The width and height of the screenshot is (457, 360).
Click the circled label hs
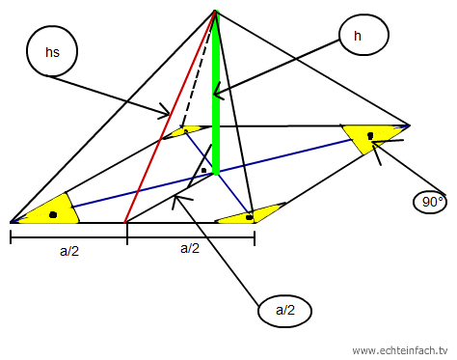pos(52,51)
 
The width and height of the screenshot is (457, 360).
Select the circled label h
pos(363,35)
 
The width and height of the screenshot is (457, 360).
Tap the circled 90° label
pos(430,202)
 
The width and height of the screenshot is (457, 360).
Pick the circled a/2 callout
pos(285,311)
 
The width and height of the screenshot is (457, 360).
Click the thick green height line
pos(216,94)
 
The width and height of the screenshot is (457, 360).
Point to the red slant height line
pos(170,117)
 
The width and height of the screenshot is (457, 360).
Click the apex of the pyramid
pos(215,11)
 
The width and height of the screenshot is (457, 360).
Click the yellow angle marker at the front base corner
pos(251,215)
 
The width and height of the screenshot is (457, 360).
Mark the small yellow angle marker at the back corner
pos(185,131)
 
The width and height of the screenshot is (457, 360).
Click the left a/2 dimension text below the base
pos(69,251)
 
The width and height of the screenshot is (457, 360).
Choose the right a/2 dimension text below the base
pos(190,248)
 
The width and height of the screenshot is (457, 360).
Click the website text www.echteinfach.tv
pos(400,350)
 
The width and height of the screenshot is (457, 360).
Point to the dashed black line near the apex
pos(198,69)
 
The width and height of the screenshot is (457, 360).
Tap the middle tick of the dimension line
pos(127,235)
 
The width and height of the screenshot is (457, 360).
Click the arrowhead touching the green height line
pos(218,91)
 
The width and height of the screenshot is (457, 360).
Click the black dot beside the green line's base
pos(203,170)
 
